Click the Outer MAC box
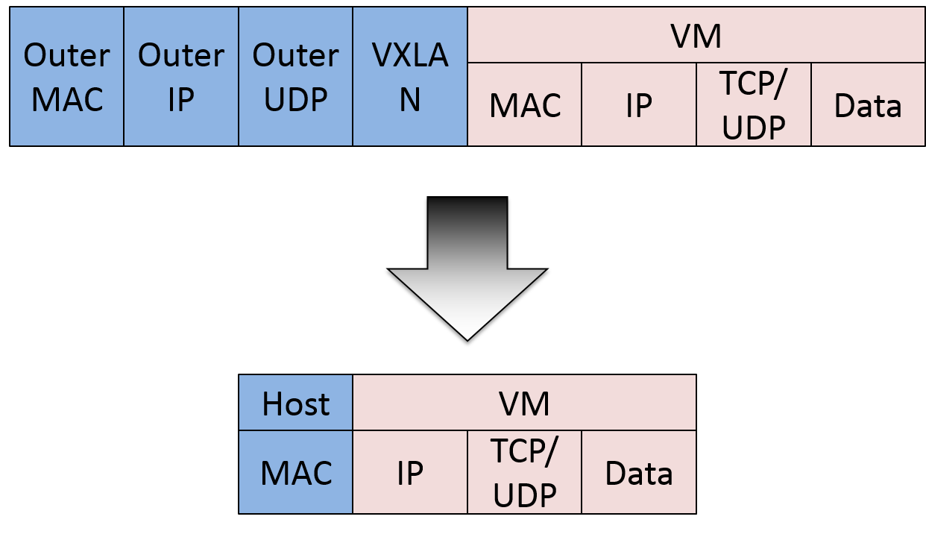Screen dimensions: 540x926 coord(67,77)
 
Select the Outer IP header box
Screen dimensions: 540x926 coord(181,77)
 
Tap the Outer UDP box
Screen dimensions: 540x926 coord(296,77)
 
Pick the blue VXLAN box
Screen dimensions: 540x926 coord(410,77)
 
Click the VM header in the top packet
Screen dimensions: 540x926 coord(696,36)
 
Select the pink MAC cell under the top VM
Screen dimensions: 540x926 coord(525,105)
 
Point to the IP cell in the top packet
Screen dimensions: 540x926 coord(639,105)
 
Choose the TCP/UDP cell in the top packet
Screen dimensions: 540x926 coord(754,105)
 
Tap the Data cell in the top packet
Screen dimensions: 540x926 coord(868,105)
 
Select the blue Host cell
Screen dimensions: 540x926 coord(296,404)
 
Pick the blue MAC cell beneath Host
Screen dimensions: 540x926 coord(296,472)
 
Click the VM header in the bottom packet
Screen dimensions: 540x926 coord(524,404)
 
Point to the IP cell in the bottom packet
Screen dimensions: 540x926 coord(410,472)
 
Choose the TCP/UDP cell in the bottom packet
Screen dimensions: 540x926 coord(525,472)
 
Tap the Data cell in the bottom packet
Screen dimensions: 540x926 coord(639,472)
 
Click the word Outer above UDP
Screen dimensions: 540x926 coord(296,55)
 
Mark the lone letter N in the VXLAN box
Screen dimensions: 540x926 coord(410,100)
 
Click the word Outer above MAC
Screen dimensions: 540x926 coord(67,55)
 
